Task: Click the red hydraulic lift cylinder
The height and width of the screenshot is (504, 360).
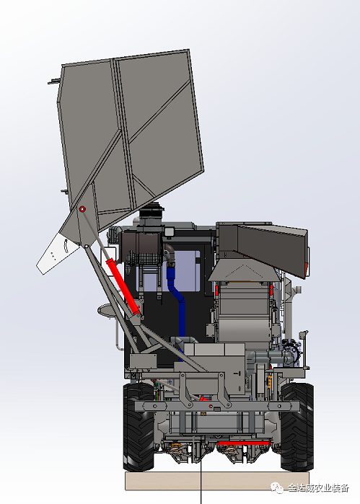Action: tap(123, 287)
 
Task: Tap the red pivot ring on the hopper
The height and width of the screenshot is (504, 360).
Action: tap(82, 209)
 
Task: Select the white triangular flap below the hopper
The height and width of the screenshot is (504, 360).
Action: tap(56, 253)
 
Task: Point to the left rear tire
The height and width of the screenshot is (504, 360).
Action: tap(139, 427)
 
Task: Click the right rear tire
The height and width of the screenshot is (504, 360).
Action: tap(297, 427)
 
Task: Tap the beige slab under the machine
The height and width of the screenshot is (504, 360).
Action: tap(217, 481)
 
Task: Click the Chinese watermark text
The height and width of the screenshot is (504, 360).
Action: tap(318, 488)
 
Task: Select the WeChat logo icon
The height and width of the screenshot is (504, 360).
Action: tap(276, 487)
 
